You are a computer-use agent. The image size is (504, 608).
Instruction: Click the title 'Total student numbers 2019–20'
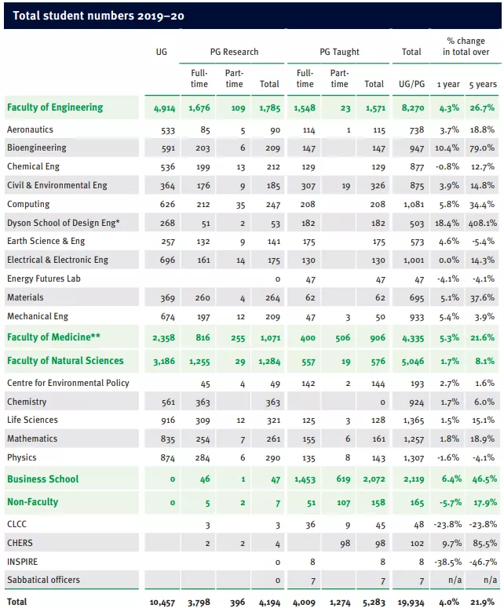[x=98, y=16]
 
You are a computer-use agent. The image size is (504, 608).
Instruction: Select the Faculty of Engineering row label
[x=54, y=107]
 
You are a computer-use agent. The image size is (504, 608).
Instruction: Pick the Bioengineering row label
[x=36, y=147]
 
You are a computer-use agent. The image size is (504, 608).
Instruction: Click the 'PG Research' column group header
[x=234, y=52]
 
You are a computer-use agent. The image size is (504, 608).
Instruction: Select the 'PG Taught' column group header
[x=339, y=52]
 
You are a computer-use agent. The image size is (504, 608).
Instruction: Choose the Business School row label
[x=43, y=479]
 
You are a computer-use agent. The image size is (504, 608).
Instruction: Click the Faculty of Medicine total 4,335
[x=411, y=338]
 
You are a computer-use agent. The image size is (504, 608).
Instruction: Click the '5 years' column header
[x=483, y=84]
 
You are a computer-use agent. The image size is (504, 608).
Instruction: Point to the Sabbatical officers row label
[x=43, y=581]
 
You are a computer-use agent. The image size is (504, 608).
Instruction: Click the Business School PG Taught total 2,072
[x=373, y=479]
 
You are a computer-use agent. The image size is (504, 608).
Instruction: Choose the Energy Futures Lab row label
[x=44, y=279]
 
